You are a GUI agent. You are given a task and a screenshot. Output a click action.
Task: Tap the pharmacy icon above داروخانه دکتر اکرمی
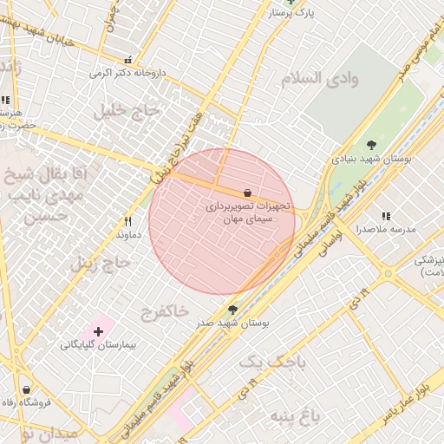click(x=128, y=61)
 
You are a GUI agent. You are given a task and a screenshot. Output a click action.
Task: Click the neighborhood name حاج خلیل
click(x=128, y=110)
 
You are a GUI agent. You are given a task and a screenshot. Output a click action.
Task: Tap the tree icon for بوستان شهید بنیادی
click(x=371, y=145)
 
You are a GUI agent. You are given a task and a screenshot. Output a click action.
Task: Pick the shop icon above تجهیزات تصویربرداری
click(x=248, y=193)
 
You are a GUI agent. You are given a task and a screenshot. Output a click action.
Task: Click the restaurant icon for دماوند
click(x=127, y=221)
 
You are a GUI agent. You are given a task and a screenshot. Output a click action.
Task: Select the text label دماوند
click(x=127, y=234)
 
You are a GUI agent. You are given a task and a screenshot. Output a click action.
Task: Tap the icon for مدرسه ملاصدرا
click(x=386, y=216)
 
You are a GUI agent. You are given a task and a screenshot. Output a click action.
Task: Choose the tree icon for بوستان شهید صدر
click(x=232, y=309)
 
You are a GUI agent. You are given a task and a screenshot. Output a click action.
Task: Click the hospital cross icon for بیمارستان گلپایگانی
click(x=98, y=330)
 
